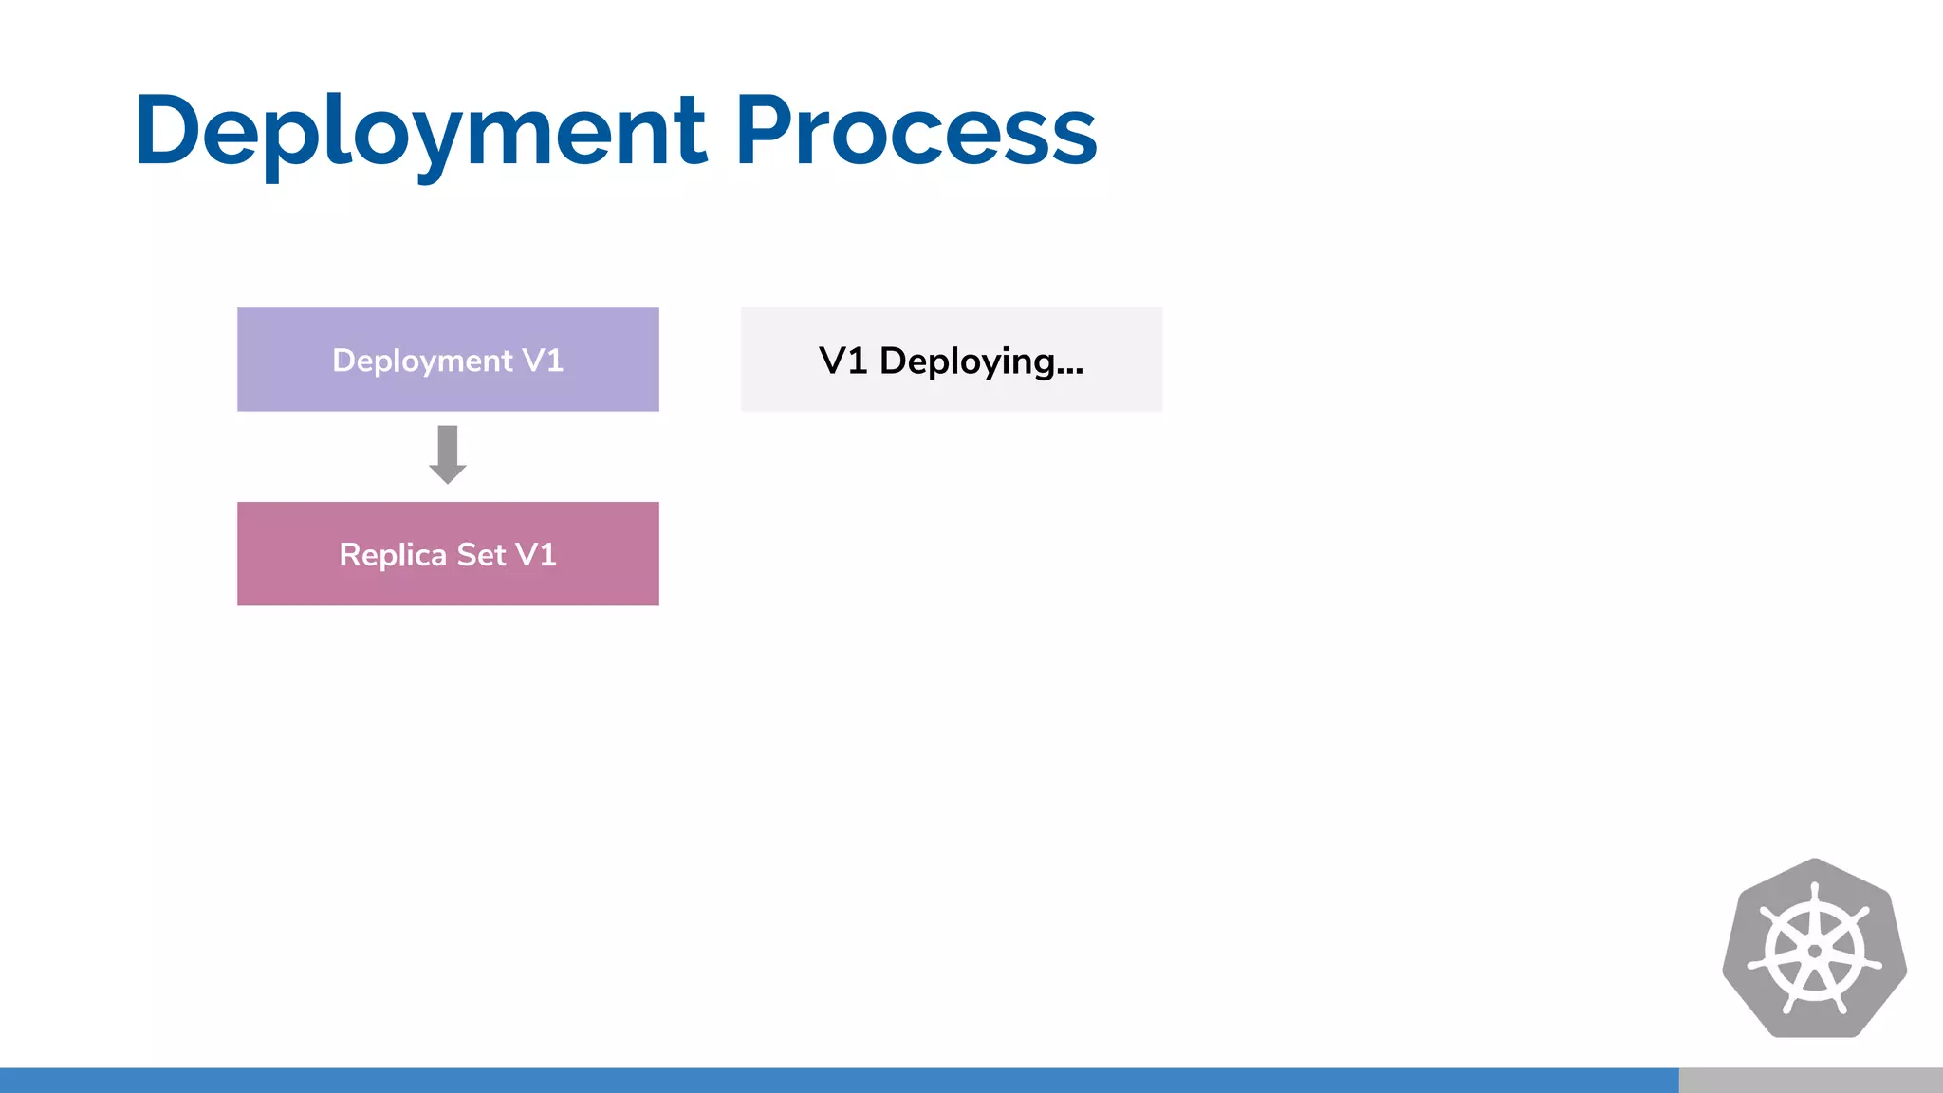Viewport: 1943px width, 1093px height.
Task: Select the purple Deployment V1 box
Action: [448, 360]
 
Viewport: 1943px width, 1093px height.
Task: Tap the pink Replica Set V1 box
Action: [448, 554]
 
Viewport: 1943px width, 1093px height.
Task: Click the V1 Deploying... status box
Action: [952, 360]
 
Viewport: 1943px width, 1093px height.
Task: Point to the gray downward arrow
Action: [448, 454]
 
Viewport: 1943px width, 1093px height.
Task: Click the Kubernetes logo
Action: [1814, 949]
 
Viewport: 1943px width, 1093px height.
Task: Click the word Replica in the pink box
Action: [393, 555]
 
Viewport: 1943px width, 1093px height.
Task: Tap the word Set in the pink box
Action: [481, 555]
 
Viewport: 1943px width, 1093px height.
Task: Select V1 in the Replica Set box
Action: [536, 555]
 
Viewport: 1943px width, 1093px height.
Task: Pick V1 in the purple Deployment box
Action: [543, 361]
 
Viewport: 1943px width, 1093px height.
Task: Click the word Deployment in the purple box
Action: [422, 361]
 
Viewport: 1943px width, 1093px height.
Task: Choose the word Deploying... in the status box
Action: [981, 362]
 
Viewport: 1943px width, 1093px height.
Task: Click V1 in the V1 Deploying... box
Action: [842, 361]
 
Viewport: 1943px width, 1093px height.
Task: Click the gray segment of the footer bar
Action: [1810, 1080]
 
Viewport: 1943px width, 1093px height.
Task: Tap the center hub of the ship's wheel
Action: [1814, 952]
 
